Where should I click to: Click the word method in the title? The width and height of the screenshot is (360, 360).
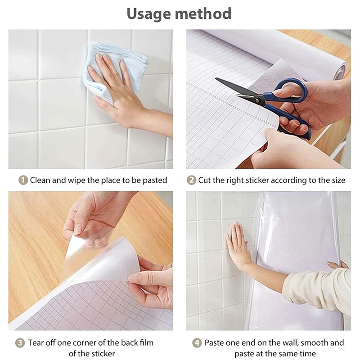point(203,13)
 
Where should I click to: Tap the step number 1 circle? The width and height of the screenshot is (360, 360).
point(23,180)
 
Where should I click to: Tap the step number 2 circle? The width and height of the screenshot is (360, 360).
point(191,180)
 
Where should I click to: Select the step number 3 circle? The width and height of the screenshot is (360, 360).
point(20,343)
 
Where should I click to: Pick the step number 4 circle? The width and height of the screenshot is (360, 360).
point(197,343)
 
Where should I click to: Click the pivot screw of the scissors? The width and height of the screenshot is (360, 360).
point(258,99)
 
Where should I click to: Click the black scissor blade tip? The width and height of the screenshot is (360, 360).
point(216,78)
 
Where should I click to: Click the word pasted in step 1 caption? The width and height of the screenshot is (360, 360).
point(155,180)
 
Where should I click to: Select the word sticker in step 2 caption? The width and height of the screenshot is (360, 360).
point(256,180)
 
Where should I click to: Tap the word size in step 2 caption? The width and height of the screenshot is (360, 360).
point(337,180)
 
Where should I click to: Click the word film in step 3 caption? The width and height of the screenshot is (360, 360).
point(144,342)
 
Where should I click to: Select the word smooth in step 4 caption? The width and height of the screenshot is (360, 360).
point(314,343)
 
